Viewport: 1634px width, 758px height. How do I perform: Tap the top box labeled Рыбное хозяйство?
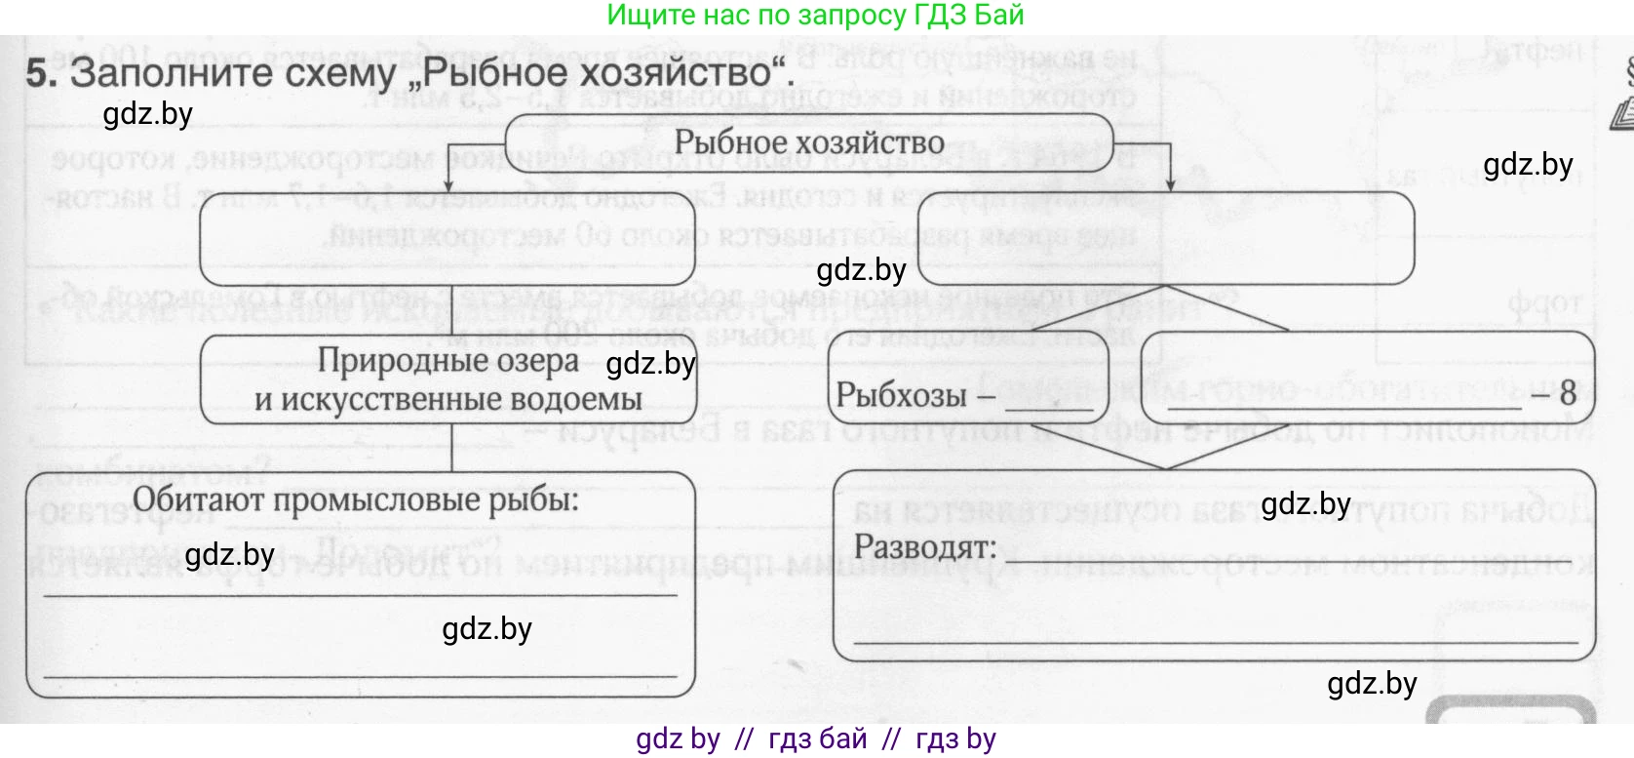coord(808,142)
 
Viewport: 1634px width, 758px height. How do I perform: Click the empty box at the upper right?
coord(1166,237)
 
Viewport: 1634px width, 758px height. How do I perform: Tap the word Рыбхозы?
coord(901,396)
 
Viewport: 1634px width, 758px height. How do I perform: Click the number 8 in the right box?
coord(1567,393)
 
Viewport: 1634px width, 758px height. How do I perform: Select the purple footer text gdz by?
coord(678,738)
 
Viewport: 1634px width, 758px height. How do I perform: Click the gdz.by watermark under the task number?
coord(147,114)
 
